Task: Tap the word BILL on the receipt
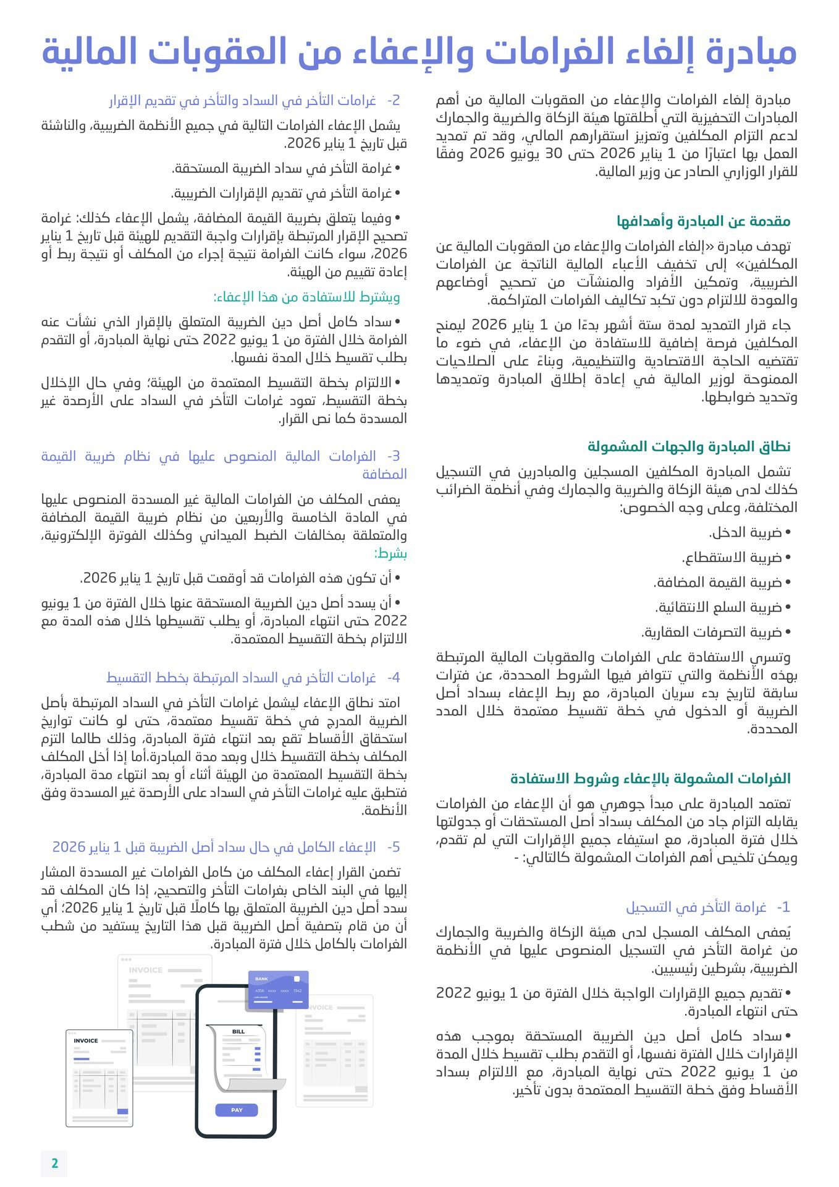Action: [238, 1031]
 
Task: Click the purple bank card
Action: [277, 990]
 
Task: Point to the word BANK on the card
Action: [262, 979]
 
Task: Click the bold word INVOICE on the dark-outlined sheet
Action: [86, 1040]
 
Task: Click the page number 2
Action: [54, 1163]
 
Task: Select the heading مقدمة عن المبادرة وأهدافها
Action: [703, 221]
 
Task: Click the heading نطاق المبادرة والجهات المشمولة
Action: [688, 446]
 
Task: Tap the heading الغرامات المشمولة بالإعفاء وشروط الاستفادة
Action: [650, 778]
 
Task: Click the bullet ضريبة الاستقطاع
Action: [732, 558]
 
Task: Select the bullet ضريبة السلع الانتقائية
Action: [719, 608]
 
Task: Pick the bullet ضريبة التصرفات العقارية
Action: [712, 632]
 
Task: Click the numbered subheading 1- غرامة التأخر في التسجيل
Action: [707, 907]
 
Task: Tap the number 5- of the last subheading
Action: [394, 847]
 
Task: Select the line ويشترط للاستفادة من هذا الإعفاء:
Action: [306, 297]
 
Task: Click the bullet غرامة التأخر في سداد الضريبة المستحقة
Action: [284, 169]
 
